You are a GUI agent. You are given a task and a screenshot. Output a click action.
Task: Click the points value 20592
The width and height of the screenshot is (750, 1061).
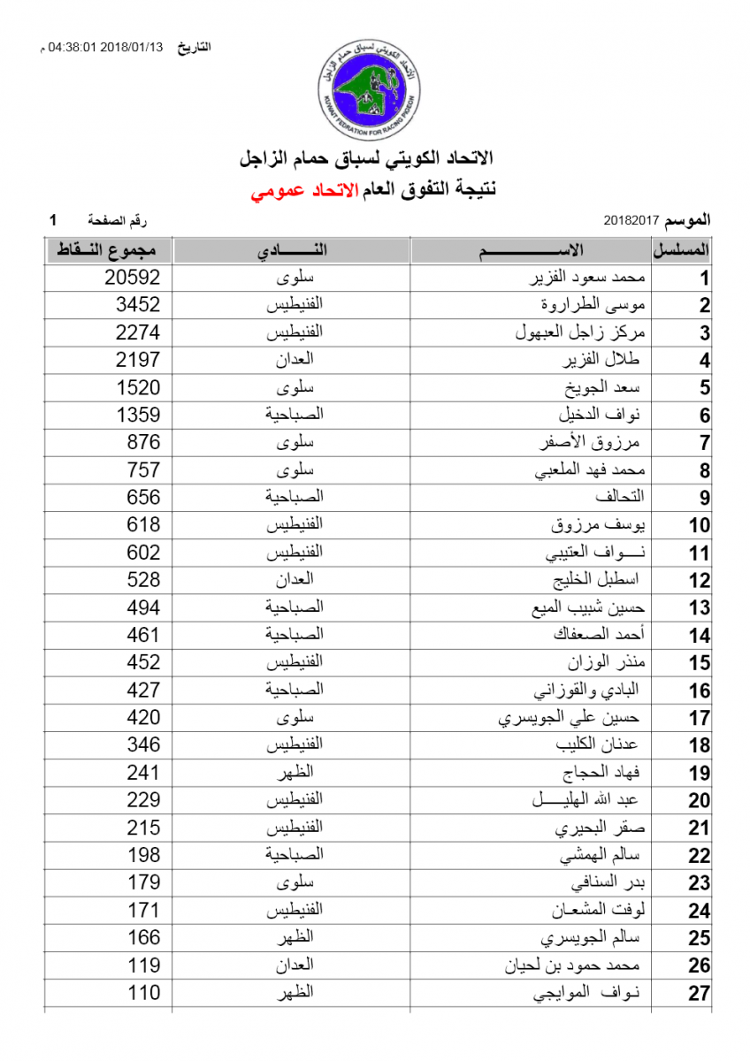pyautogui.click(x=132, y=278)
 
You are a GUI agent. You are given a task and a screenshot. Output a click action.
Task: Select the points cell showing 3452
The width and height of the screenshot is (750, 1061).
pyautogui.click(x=138, y=305)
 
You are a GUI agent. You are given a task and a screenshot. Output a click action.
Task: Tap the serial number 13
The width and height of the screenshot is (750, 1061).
pyautogui.click(x=700, y=608)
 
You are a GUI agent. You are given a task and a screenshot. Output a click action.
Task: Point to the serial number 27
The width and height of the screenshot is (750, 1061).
pyautogui.click(x=700, y=994)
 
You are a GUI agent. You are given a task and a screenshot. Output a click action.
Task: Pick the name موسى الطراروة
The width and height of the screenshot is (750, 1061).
pyautogui.click(x=597, y=305)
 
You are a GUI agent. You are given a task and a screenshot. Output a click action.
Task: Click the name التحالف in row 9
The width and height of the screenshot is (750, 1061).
pyautogui.click(x=626, y=498)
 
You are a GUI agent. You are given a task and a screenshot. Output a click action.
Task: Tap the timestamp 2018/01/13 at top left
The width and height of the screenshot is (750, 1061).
pyautogui.click(x=131, y=47)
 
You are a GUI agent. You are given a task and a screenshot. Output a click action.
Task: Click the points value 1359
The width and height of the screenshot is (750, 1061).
pyautogui.click(x=138, y=415)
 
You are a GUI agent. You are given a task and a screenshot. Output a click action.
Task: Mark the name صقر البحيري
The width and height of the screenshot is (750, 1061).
pyautogui.click(x=601, y=828)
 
